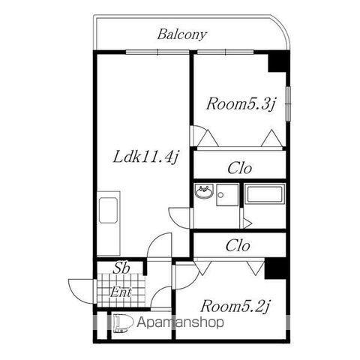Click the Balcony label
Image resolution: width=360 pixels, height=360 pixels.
[x=181, y=34]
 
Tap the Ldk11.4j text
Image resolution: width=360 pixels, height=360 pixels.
[x=145, y=157]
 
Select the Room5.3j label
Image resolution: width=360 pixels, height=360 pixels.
[x=241, y=104]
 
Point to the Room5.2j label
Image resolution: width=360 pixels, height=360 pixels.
[x=235, y=306]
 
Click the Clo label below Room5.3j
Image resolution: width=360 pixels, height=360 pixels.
[x=239, y=168]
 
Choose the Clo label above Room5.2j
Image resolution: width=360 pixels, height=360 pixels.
[x=238, y=245]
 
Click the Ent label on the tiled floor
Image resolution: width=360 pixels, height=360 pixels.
[x=121, y=292]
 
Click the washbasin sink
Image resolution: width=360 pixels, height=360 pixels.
[x=205, y=191]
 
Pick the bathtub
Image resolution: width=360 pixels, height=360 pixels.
[x=265, y=194]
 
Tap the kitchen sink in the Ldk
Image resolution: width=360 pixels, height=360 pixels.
[x=108, y=210]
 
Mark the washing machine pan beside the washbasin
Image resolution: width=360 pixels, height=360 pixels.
[x=227, y=195]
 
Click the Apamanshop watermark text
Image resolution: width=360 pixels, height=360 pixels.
[x=180, y=322]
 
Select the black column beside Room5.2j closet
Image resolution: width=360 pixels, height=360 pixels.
[x=275, y=268]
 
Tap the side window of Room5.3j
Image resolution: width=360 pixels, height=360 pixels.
[x=288, y=103]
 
